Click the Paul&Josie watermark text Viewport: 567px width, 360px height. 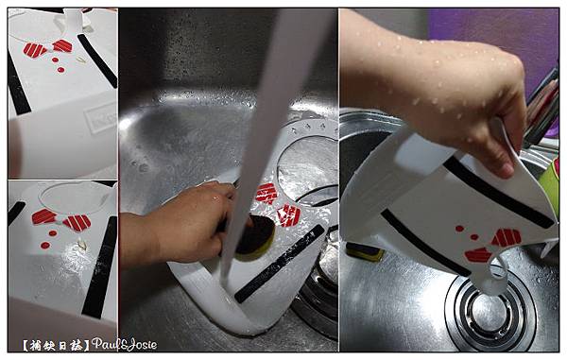[x=124, y=344]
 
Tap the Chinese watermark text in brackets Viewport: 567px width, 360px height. [x=56, y=346]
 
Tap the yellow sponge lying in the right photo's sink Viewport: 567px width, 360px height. [x=364, y=251]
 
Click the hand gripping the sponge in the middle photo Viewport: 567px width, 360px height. [x=180, y=224]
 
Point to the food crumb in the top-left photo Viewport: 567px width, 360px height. [x=81, y=60]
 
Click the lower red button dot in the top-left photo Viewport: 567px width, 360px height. [x=60, y=70]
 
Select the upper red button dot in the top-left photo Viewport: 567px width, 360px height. [x=55, y=60]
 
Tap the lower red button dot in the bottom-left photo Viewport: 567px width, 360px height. [x=45, y=246]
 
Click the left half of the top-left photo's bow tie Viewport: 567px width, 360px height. [x=35, y=50]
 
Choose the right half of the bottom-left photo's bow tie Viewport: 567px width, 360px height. [x=77, y=223]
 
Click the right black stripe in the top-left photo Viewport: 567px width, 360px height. [x=97, y=60]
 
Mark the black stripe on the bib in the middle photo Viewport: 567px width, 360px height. [x=279, y=264]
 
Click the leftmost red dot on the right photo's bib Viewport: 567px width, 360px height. [x=459, y=229]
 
